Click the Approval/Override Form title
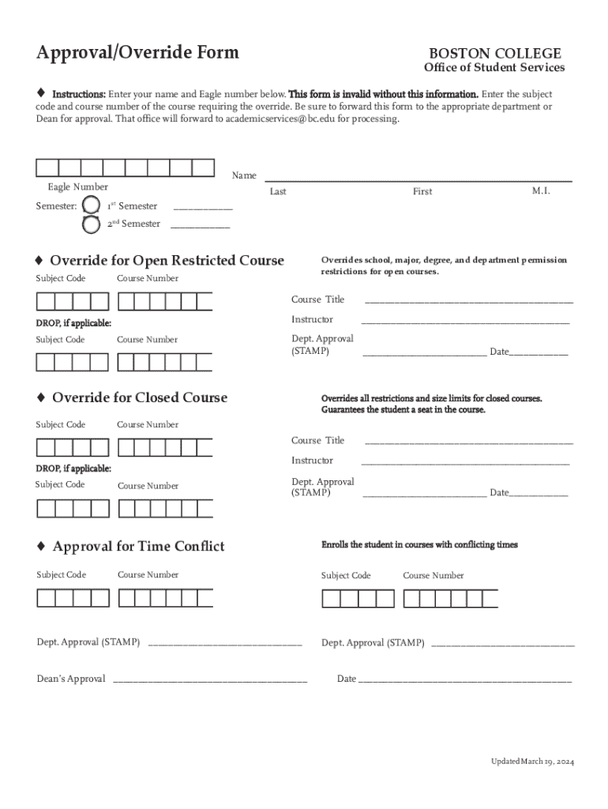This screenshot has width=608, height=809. click(137, 53)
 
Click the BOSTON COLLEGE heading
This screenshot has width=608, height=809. click(495, 53)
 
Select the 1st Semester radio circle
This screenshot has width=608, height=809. click(92, 205)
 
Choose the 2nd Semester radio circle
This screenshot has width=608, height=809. click(92, 224)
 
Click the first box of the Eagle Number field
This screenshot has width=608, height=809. click(47, 167)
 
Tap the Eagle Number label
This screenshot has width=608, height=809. click(77, 187)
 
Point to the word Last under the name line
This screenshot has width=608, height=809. click(278, 192)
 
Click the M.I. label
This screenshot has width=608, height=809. click(541, 191)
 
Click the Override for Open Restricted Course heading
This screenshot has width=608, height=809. click(167, 261)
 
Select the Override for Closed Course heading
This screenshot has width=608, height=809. click(139, 397)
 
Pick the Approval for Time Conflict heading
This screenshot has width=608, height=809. click(138, 547)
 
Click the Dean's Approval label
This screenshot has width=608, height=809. click(71, 679)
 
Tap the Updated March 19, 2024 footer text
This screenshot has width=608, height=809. click(532, 762)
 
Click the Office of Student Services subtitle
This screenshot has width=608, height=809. click(494, 68)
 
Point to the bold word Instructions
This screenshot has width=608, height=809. click(79, 93)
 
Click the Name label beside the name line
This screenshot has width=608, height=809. click(244, 175)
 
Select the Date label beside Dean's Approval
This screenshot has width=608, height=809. click(347, 679)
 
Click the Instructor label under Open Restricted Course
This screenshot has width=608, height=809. click(312, 320)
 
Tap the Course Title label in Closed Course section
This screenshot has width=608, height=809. click(317, 440)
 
